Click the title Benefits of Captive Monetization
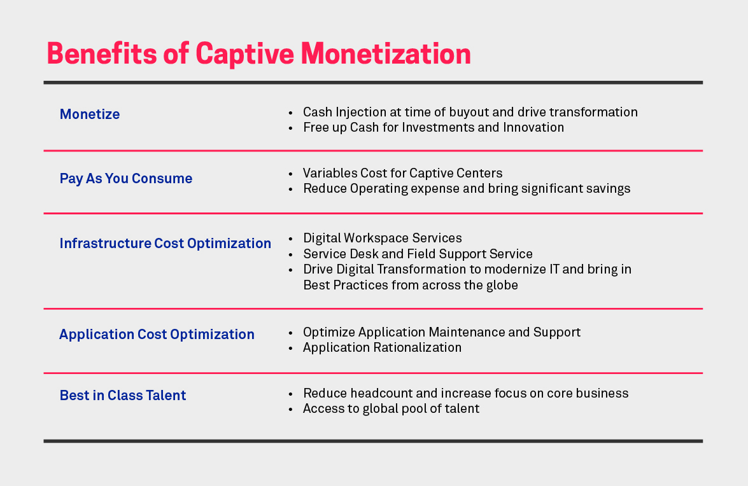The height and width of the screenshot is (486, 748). click(x=258, y=53)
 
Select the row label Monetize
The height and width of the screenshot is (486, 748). click(x=90, y=115)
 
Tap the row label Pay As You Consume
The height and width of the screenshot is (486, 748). click(x=126, y=179)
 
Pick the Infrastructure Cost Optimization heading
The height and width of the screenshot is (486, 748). click(x=165, y=244)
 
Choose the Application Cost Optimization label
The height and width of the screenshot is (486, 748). click(x=157, y=335)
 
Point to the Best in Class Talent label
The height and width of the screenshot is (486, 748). click(x=123, y=396)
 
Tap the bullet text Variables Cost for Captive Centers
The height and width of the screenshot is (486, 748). click(x=402, y=173)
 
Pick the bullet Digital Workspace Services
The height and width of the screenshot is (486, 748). click(x=383, y=239)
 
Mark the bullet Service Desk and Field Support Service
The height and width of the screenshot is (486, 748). click(x=418, y=254)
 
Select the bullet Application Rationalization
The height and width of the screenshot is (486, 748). click(x=382, y=348)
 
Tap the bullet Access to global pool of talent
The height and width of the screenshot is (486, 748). click(x=391, y=409)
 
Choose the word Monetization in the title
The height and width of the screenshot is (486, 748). click(x=386, y=53)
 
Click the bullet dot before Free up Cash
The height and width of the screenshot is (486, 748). click(x=290, y=128)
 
